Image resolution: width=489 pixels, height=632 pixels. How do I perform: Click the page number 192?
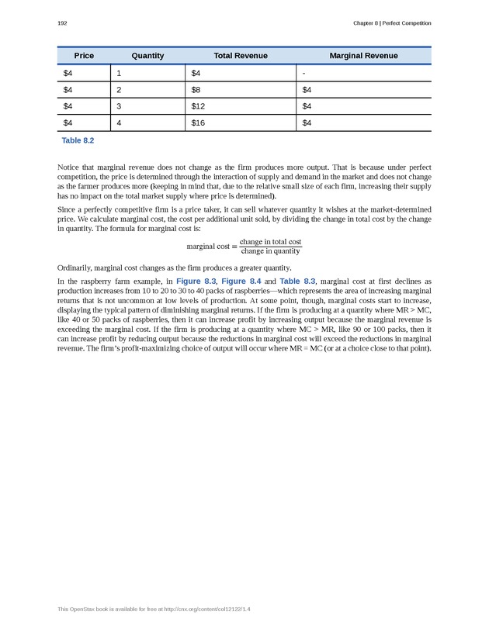[63, 23]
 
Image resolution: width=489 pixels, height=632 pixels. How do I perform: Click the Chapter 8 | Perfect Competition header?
[392, 23]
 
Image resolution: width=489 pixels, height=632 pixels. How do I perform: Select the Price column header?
[84, 56]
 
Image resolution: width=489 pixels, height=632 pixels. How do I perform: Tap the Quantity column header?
[147, 56]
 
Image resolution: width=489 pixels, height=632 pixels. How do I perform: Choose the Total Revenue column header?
[241, 56]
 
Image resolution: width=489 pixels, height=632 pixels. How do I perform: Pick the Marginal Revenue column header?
[363, 56]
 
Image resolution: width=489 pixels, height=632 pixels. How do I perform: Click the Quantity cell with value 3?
[120, 106]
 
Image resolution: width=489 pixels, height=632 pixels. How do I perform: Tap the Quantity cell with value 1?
[120, 74]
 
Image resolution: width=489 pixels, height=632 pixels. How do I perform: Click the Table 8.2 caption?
[78, 141]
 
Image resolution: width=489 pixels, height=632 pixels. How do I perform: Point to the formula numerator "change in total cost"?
[270, 242]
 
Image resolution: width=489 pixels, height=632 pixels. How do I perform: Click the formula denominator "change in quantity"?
[270, 250]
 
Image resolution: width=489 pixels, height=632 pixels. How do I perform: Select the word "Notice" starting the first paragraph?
[69, 167]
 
